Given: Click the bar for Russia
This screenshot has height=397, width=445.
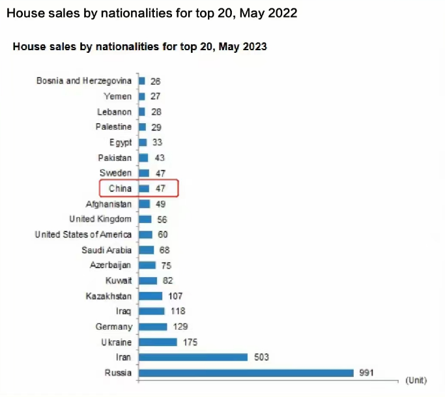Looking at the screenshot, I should [246, 373].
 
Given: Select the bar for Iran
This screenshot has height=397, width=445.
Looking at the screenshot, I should [193, 357].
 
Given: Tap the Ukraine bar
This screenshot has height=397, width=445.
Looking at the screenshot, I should [158, 342].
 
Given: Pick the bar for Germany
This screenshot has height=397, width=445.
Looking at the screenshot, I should [152, 327].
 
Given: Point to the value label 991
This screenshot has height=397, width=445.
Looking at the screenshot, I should [367, 373].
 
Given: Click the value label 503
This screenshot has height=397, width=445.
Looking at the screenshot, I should [261, 357].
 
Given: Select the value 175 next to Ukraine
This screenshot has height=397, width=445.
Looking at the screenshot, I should [190, 342].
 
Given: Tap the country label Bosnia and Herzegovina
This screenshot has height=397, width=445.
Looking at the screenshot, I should [85, 81].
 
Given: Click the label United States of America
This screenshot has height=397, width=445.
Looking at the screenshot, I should [83, 235].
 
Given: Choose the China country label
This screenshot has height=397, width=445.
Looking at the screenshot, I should [120, 188].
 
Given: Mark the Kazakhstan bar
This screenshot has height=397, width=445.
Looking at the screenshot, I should [151, 296].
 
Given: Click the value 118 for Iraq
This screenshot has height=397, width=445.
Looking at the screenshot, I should [179, 312].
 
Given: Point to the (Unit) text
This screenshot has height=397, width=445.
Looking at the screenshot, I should [416, 379].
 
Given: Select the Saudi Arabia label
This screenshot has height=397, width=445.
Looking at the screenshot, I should [107, 250].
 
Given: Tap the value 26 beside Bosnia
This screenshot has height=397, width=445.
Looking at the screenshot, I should [155, 81].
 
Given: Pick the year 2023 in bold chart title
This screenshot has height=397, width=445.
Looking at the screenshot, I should [255, 47].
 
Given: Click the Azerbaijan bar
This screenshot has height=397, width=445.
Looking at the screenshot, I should [147, 265].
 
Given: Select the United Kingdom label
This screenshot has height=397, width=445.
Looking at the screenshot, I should [100, 219].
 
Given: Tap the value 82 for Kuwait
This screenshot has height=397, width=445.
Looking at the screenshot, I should [167, 281].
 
